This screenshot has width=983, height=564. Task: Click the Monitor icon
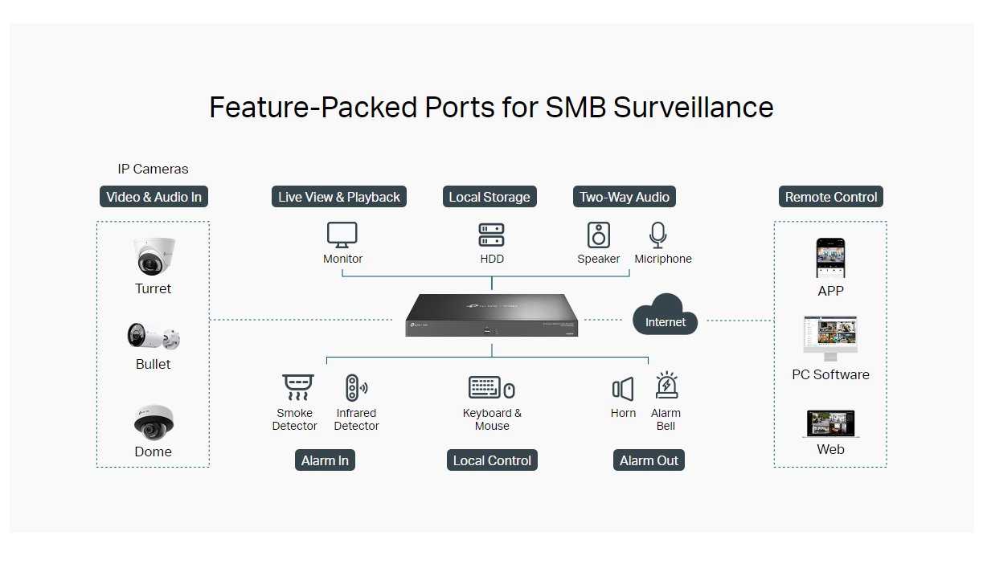pyautogui.click(x=342, y=235)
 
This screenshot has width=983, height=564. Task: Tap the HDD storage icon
pyautogui.click(x=491, y=235)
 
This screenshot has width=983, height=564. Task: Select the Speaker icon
pyautogui.click(x=598, y=235)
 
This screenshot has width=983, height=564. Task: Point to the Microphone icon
pyautogui.click(x=658, y=235)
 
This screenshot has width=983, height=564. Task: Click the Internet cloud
pyautogui.click(x=665, y=316)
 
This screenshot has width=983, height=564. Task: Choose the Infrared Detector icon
pyautogui.click(x=354, y=388)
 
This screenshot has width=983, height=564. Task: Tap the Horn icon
pyautogui.click(x=623, y=390)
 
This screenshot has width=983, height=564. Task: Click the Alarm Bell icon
pyautogui.click(x=666, y=386)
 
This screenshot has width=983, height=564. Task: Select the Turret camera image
pyautogui.click(x=154, y=258)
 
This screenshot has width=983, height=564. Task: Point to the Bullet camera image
pyautogui.click(x=154, y=337)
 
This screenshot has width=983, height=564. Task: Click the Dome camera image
pyautogui.click(x=154, y=423)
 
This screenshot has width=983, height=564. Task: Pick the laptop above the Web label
pyautogui.click(x=830, y=424)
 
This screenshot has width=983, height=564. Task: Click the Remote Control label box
pyautogui.click(x=831, y=197)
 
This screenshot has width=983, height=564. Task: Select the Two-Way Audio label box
pyautogui.click(x=625, y=197)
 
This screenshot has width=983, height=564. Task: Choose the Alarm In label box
pyautogui.click(x=325, y=460)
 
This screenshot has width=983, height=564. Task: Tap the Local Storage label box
pyautogui.click(x=489, y=197)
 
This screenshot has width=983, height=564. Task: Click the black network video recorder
pyautogui.click(x=492, y=316)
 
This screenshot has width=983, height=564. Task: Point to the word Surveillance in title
pyautogui.click(x=694, y=108)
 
